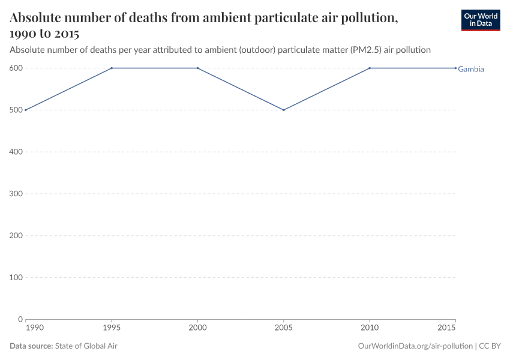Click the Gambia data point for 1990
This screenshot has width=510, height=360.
click(x=26, y=110)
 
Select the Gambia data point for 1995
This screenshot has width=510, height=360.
click(x=112, y=68)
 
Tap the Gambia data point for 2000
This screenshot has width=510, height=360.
click(x=198, y=68)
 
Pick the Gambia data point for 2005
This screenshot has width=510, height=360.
click(x=284, y=110)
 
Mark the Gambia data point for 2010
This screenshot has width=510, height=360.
click(x=370, y=68)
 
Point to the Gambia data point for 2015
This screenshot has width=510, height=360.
click(x=455, y=68)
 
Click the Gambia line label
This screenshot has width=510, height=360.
click(x=471, y=69)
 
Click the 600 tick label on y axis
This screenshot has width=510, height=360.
click(x=16, y=68)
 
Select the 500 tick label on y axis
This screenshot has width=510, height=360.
click(x=16, y=110)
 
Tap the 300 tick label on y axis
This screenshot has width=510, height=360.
click(x=16, y=194)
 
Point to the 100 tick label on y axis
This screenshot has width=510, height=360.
click(x=16, y=277)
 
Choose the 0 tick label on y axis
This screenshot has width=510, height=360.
click(x=20, y=319)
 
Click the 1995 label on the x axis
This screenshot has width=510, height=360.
click(x=112, y=329)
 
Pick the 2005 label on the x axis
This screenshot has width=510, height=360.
click(x=284, y=329)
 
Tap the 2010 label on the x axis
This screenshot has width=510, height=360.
click(x=370, y=329)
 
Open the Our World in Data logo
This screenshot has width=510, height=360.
click(x=480, y=20)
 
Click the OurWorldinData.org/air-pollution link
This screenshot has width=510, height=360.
click(x=415, y=346)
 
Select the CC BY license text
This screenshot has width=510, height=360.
click(x=490, y=346)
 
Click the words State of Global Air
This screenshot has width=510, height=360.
click(x=86, y=346)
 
